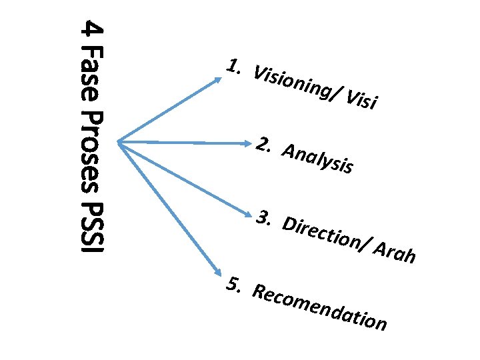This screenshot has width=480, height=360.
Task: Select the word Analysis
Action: pyautogui.click(x=317, y=159)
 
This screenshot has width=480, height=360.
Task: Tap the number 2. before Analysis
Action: pyautogui.click(x=264, y=145)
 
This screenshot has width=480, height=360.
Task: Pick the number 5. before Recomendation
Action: pyautogui.click(x=233, y=285)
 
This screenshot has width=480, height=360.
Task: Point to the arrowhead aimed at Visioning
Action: pyautogui.click(x=219, y=78)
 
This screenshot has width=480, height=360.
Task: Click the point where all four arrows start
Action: pyautogui.click(x=118, y=141)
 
